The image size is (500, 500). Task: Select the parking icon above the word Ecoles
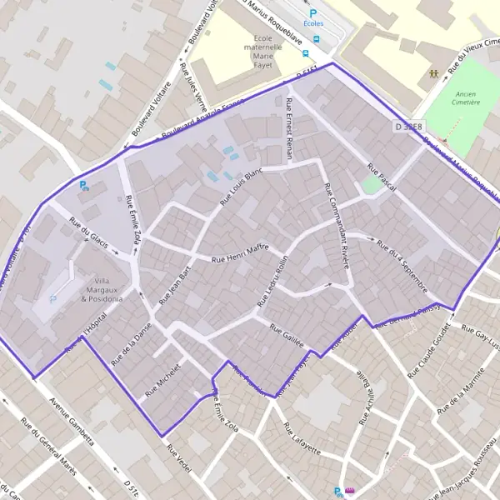(x=313, y=13)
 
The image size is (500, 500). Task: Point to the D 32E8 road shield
(x=408, y=126)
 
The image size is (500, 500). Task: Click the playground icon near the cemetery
(x=434, y=72)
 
